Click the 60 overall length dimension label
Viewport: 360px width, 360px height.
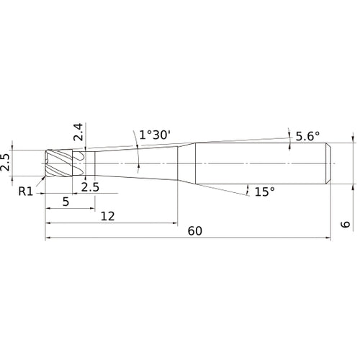[194, 231]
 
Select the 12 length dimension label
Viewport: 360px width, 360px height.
[108, 217]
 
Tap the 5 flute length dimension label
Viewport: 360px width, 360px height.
[66, 202]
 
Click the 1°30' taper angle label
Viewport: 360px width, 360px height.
[154, 135]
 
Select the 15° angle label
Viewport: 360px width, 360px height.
[265, 192]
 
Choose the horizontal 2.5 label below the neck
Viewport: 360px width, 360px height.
[90, 187]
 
